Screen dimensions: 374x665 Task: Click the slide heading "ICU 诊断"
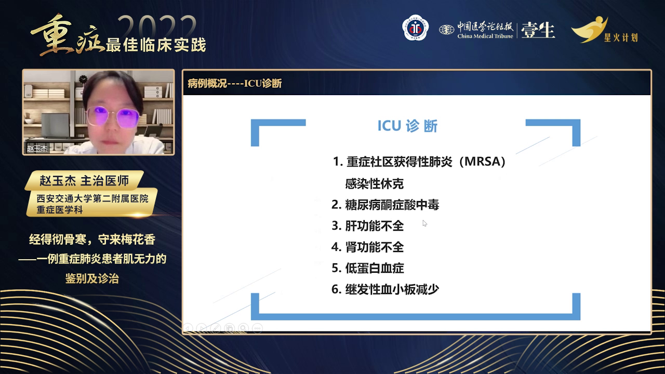click(x=407, y=127)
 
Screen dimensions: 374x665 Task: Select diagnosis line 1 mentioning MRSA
click(x=419, y=162)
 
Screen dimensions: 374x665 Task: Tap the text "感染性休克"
click(x=374, y=184)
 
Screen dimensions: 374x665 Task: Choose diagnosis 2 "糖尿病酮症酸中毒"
click(x=385, y=205)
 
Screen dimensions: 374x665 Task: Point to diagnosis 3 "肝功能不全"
click(x=367, y=226)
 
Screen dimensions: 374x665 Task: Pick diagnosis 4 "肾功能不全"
click(x=367, y=247)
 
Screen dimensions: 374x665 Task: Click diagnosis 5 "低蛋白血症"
click(x=367, y=268)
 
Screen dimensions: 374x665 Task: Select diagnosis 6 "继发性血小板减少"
click(x=385, y=289)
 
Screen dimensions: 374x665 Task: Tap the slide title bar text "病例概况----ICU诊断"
click(x=235, y=84)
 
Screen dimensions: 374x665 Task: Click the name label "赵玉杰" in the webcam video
click(x=37, y=149)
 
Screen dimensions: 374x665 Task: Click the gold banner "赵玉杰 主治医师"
click(x=84, y=181)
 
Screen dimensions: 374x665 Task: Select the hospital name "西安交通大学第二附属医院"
click(x=92, y=198)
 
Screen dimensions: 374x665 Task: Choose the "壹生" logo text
click(x=538, y=30)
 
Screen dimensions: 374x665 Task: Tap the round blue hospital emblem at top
click(x=416, y=29)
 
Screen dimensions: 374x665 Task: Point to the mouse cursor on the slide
click(x=424, y=223)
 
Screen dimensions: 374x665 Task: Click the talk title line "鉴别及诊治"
click(x=92, y=279)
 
